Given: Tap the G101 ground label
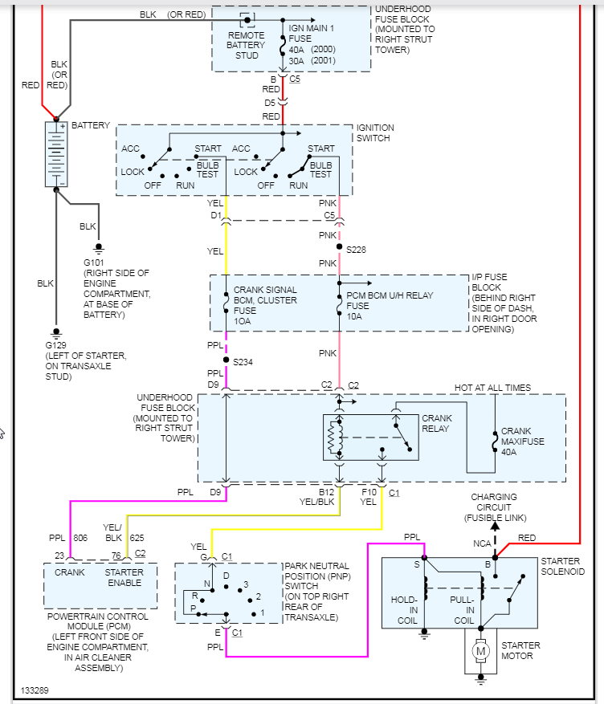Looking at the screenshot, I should (x=93, y=262).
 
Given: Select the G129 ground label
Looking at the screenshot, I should (x=56, y=345).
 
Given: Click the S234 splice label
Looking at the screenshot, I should (x=243, y=362).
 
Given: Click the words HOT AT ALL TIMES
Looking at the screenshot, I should (x=492, y=388).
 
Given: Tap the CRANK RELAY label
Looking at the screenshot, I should (x=437, y=423).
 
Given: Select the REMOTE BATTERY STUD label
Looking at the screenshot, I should (x=247, y=46).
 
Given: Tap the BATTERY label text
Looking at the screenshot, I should (x=91, y=126).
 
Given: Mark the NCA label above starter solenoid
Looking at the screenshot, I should (x=480, y=543).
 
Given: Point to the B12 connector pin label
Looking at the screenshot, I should (x=327, y=491).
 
